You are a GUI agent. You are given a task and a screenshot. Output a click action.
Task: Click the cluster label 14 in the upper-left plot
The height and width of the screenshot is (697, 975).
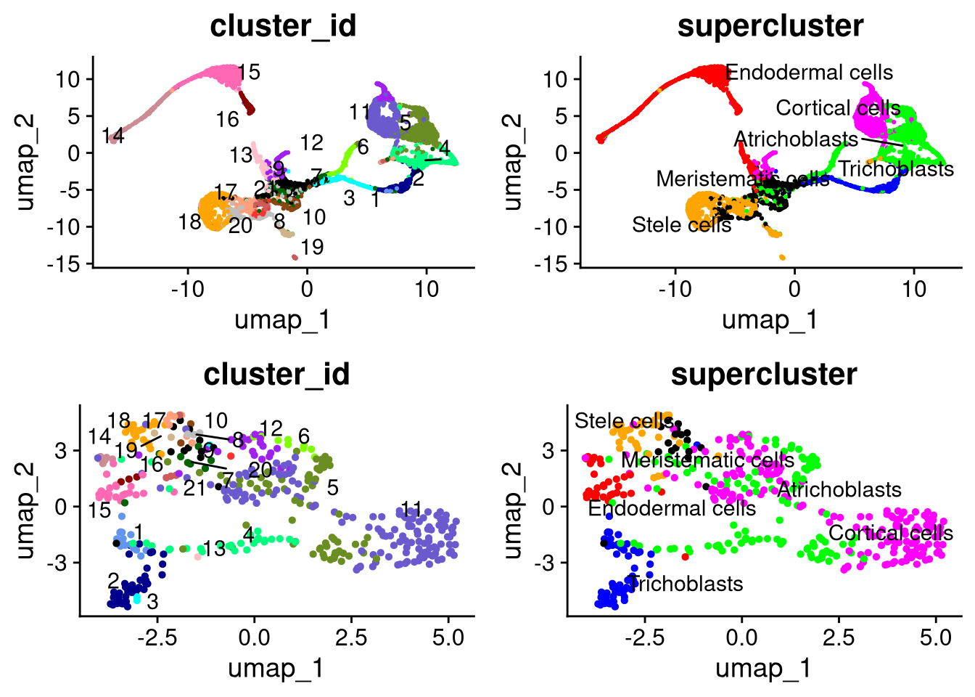coord(113,135)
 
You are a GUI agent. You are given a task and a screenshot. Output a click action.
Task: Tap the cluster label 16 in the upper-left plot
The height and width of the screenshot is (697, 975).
coord(227,120)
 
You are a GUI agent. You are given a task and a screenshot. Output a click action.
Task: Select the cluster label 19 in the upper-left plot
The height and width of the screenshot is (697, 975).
coord(312,248)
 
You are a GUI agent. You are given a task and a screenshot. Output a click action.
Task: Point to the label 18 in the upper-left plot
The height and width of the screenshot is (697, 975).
coord(190,222)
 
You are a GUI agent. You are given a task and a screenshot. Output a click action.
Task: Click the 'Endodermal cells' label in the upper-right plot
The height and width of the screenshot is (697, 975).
coord(809,73)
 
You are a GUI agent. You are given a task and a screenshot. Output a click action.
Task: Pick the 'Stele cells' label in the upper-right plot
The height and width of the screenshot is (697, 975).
coord(681,225)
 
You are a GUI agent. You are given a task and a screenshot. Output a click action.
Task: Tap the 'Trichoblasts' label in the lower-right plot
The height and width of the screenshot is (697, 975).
coord(686,584)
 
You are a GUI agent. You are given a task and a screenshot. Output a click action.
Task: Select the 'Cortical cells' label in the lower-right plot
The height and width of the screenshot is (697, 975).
coord(890,533)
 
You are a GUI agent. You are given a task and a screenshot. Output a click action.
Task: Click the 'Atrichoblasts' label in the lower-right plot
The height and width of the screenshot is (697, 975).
coord(839,489)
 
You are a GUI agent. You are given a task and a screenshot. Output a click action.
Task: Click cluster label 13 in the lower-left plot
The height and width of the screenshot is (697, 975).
coord(215,549)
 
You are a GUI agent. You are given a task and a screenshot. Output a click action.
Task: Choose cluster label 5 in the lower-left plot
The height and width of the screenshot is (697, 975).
coord(332,487)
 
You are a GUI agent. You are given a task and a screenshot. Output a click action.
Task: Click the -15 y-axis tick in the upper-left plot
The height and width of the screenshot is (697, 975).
coord(68,264)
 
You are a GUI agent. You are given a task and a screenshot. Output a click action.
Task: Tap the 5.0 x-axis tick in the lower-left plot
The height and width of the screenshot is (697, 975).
coord(448,638)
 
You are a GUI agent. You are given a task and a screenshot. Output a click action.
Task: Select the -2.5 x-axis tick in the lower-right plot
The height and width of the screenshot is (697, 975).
coord(645,638)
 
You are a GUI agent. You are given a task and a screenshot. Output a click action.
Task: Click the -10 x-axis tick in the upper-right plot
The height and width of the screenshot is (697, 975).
coord(675,289)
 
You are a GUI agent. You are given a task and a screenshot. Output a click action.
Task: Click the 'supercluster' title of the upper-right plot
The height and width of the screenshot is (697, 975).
coord(770,26)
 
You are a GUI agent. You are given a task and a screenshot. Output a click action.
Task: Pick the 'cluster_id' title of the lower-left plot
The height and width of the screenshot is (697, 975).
coord(276,375)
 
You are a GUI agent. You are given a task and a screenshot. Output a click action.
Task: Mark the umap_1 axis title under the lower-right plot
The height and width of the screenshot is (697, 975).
coord(763,669)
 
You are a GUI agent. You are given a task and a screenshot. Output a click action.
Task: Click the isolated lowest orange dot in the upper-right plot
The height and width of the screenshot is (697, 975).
coord(782,257)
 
